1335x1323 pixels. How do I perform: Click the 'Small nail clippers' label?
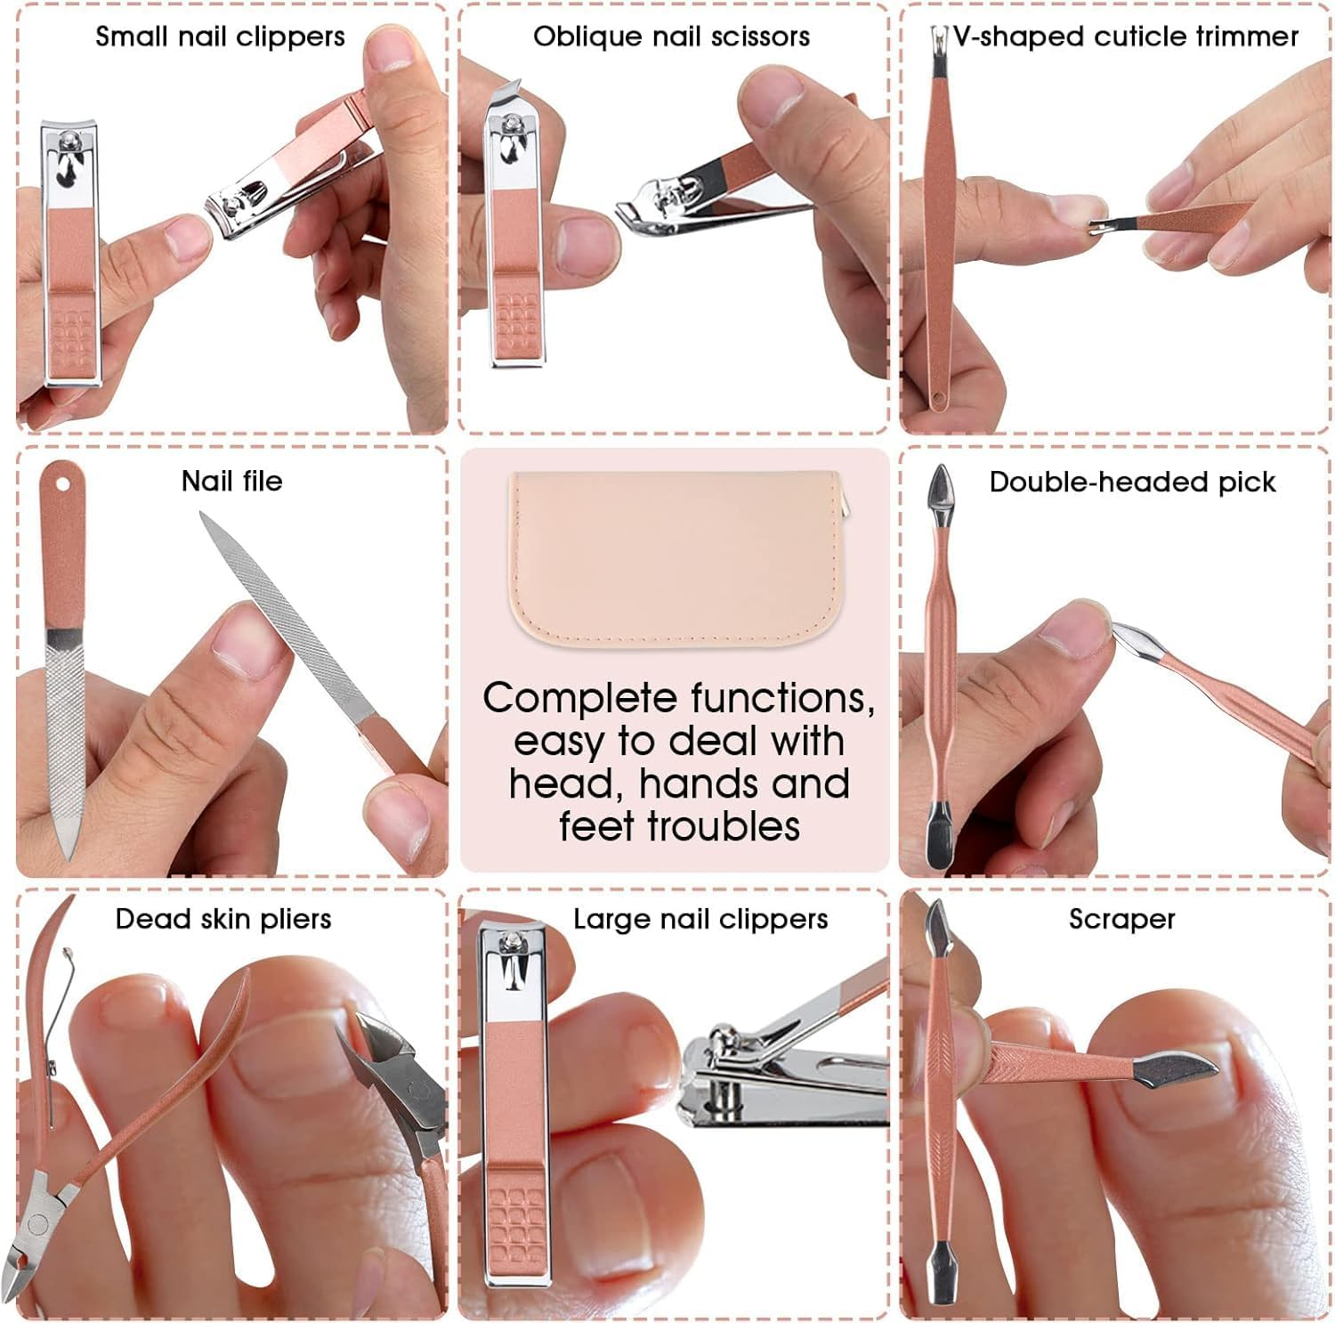220,37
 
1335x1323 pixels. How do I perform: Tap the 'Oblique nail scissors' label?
671,37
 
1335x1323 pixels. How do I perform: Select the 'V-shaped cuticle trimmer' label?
1125,37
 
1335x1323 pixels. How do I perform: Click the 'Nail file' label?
231,481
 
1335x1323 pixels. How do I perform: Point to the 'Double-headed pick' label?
1132,482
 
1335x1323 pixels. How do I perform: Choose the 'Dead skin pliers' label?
223,919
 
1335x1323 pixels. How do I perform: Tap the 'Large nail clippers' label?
700,919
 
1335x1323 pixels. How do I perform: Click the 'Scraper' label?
1121,919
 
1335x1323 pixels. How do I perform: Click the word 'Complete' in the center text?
579,699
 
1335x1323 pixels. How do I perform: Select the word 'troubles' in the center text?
723,826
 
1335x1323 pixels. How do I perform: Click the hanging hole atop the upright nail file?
63,483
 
